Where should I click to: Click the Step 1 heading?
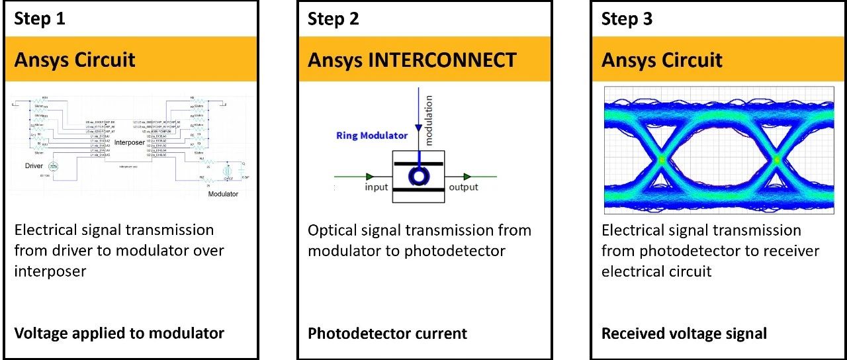[x=40, y=19]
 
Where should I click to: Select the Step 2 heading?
[x=334, y=19]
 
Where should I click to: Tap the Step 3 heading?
[x=627, y=19]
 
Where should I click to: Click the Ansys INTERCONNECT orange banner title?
[x=412, y=60]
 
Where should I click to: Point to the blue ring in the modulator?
[x=419, y=175]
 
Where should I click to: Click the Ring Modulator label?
[x=371, y=136]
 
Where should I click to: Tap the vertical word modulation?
[x=428, y=120]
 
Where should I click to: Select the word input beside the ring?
[x=377, y=187]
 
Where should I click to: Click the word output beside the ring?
[x=463, y=187]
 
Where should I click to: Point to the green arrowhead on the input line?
[x=369, y=176]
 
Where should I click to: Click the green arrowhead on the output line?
[x=467, y=176]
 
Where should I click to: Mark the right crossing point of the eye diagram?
[x=778, y=159]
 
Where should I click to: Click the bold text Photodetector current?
[x=387, y=333]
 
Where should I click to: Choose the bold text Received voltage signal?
[x=684, y=333]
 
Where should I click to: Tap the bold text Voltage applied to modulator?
[x=119, y=333]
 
